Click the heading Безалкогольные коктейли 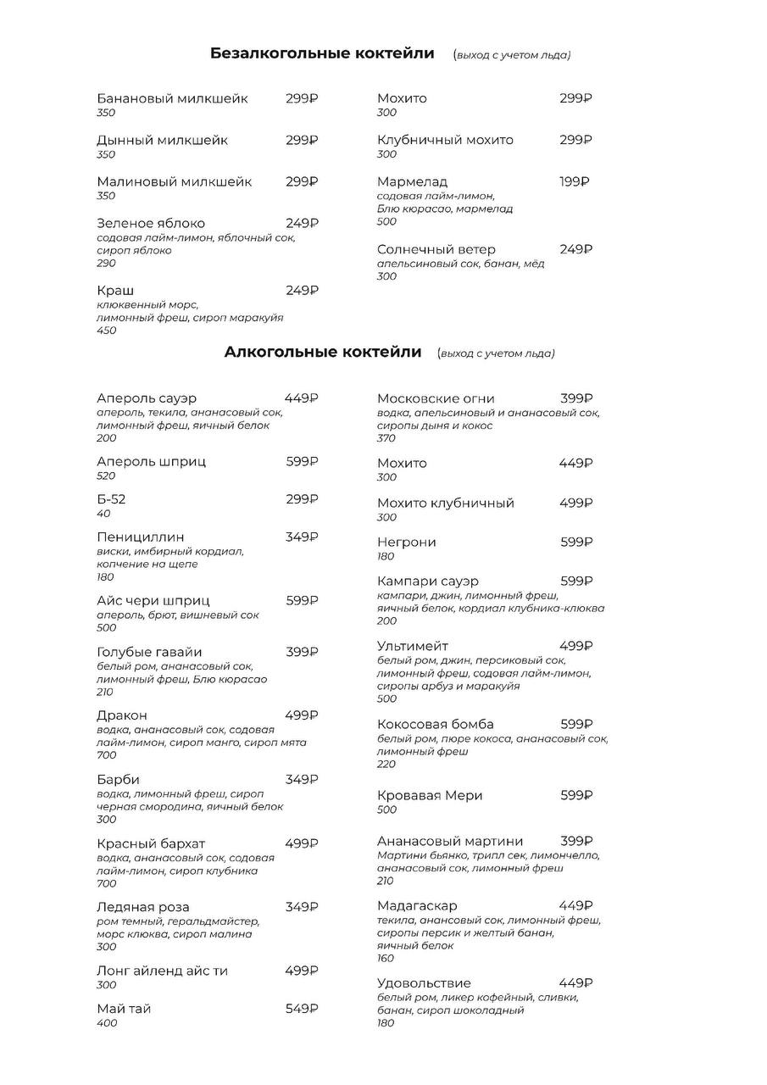322,54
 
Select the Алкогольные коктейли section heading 323,353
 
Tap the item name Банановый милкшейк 172,98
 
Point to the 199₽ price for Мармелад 575,181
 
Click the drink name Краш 115,291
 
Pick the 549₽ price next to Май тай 302,1009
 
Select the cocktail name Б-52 111,499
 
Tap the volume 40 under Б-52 103,514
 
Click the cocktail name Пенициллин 141,537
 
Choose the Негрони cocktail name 407,542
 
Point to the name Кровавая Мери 430,795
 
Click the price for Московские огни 576,398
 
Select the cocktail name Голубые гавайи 149,652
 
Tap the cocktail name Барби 118,780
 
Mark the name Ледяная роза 143,907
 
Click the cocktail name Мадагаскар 417,905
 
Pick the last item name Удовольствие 424,983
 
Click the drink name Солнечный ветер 436,249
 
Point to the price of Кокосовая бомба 576,724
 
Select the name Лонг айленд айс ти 162,971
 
